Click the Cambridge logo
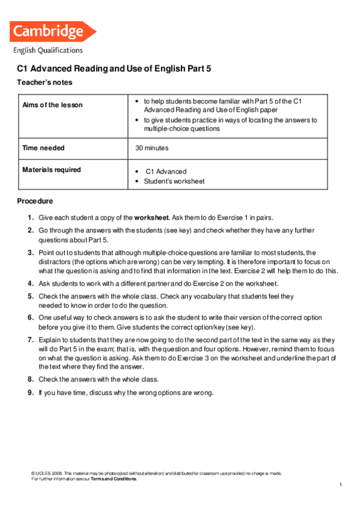pos(53,31)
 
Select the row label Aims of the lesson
pos(52,105)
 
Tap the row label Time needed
pos(43,147)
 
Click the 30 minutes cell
pos(152,147)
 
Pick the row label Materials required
pos(52,170)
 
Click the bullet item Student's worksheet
pos(174,181)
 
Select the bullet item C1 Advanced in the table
pos(166,171)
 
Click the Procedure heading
pos(35,201)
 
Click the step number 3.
pos(30,253)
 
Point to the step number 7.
pos(30,340)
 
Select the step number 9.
pos(30,393)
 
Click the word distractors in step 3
pos(55,262)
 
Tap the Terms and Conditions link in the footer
pos(114,479)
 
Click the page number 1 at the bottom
pos(340,485)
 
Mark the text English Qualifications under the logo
pos(48,51)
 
